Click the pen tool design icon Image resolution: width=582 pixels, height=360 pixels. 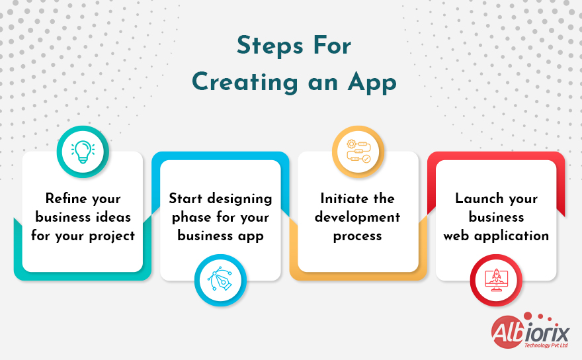(220, 281)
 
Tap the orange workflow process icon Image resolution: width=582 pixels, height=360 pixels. (358, 152)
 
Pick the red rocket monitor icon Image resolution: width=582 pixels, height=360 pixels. (496, 281)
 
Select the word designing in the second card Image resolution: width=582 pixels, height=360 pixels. (238, 199)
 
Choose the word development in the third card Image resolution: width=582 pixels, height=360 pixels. (358, 217)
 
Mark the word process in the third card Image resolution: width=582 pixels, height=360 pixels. (358, 236)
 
